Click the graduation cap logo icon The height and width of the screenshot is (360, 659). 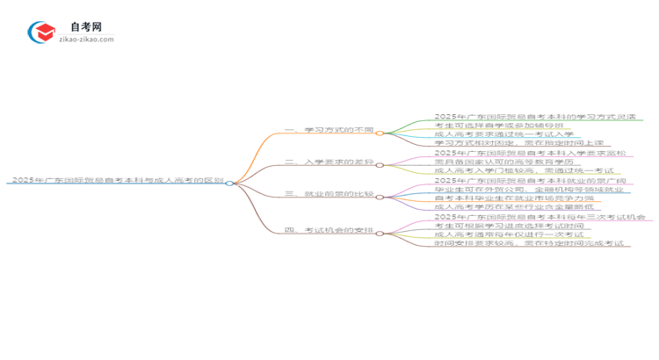point(41,33)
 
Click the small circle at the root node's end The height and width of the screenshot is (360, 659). point(230,183)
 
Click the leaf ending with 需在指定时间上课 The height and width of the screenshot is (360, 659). point(518,143)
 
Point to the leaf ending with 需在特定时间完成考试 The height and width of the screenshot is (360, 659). point(527,244)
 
